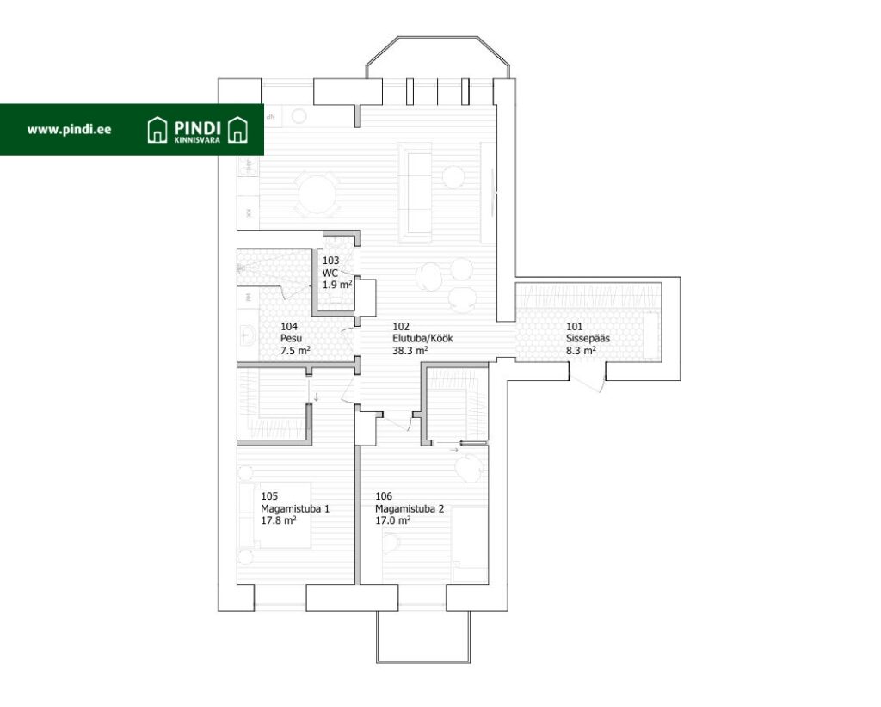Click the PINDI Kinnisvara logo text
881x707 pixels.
(197, 130)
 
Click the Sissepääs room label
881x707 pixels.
(588, 339)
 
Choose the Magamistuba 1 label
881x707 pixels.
(295, 509)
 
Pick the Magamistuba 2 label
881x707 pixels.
(410, 509)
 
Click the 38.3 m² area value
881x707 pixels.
(410, 351)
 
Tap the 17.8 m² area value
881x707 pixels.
(279, 520)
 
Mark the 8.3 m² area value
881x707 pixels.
(581, 351)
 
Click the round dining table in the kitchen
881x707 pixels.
(317, 194)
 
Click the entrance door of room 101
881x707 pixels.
(590, 379)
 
